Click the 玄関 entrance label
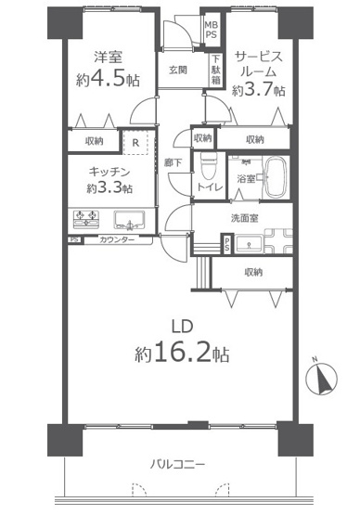coord(179,70)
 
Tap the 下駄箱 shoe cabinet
coord(214,71)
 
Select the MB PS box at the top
coord(212,32)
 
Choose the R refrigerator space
coord(136,142)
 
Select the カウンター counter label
coord(117,241)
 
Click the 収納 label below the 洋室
coord(94,141)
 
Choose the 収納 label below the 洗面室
coord(253,272)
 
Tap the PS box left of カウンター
coord(73,241)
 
